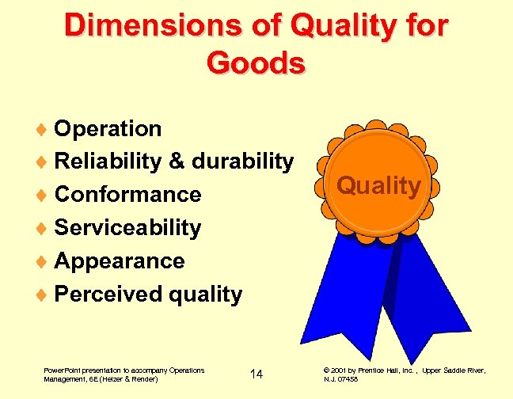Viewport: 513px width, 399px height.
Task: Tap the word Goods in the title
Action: coord(255,63)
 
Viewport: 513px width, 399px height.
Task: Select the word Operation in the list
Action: coord(108,128)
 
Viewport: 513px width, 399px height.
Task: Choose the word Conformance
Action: coord(128,194)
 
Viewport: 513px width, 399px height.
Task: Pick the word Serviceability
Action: coord(127,228)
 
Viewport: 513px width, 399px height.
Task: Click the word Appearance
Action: coord(120,261)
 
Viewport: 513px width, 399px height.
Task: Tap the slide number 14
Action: coord(256,374)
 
